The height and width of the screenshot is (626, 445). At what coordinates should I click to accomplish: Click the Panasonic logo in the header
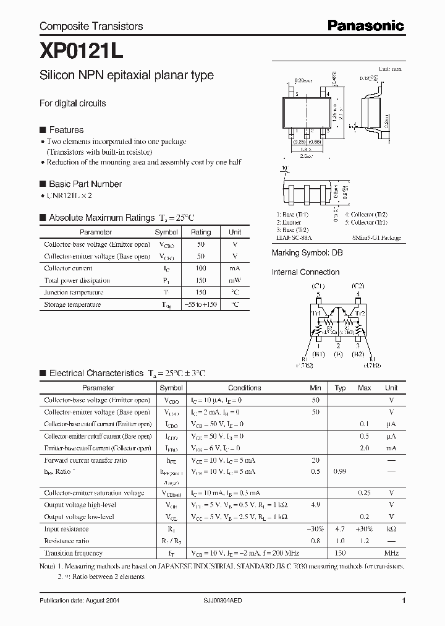click(x=365, y=25)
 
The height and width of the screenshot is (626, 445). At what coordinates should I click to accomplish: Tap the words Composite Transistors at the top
click(x=91, y=26)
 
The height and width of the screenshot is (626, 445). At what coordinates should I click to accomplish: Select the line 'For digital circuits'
click(x=72, y=103)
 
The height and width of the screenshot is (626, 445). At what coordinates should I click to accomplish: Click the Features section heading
click(x=66, y=130)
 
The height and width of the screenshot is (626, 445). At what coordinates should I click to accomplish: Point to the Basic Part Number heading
click(x=85, y=184)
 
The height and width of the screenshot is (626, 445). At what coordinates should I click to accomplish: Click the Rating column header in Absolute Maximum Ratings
click(x=201, y=232)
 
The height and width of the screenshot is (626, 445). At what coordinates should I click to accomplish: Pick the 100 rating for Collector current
click(x=201, y=268)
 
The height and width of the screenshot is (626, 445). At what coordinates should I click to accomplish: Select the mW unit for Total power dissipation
click(x=235, y=280)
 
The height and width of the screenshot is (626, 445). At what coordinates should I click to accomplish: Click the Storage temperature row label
click(x=73, y=304)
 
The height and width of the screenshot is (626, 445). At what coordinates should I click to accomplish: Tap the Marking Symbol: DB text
click(x=307, y=253)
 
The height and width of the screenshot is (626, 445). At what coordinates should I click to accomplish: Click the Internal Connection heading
click(x=305, y=272)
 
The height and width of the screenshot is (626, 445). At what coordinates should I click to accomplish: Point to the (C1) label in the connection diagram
click(x=318, y=286)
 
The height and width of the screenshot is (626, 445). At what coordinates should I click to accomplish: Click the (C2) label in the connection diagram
click(x=357, y=286)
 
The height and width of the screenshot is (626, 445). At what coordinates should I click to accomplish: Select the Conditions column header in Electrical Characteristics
click(x=245, y=388)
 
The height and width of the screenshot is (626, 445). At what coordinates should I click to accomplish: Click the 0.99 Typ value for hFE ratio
click(x=340, y=472)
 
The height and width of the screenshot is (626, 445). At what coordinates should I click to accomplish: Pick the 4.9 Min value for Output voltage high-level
click(x=315, y=505)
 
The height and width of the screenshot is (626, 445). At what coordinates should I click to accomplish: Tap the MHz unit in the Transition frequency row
click(x=391, y=553)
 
